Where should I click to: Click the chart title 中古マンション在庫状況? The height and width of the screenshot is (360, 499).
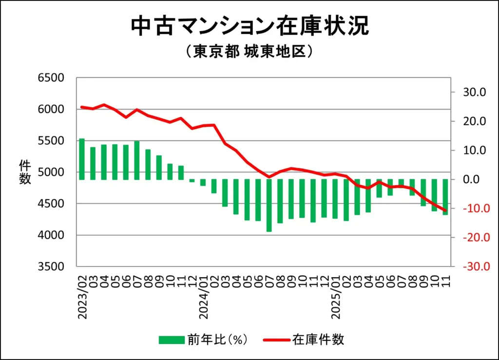pos(249,27)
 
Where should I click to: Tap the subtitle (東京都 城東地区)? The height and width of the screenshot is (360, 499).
pos(249,52)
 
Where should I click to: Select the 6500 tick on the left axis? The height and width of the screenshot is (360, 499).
pos(51,78)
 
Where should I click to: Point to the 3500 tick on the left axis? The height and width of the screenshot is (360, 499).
pos(51,267)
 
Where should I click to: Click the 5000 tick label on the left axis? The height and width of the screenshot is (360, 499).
pos(51,172)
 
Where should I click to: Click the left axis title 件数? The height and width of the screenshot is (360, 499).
pos(25,171)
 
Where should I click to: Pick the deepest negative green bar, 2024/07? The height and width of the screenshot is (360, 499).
pos(269,205)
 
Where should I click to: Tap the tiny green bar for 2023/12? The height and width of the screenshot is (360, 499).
pos(192,181)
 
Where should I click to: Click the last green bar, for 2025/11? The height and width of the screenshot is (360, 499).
pos(445,197)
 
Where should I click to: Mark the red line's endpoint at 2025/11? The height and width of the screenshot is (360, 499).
pos(445,210)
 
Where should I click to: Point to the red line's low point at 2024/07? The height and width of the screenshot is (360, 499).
pos(269,177)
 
